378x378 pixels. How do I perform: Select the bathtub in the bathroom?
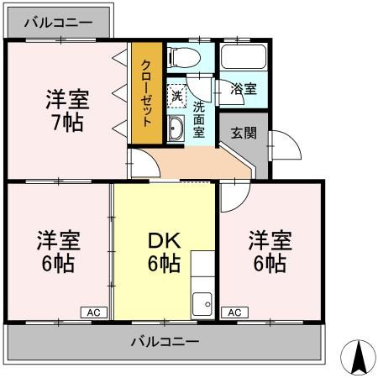pyautogui.click(x=244, y=60)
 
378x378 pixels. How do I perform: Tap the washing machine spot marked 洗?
pyautogui.click(x=177, y=94)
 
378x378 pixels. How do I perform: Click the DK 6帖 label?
pyautogui.click(x=164, y=251)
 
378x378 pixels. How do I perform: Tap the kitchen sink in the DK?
pyautogui.click(x=202, y=303)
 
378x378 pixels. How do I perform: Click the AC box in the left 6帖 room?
pyautogui.click(x=93, y=312)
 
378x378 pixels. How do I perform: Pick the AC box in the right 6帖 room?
pyautogui.click(x=234, y=312)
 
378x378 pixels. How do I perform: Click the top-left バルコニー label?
pyautogui.click(x=58, y=24)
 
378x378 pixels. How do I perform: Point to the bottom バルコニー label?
pyautogui.click(x=165, y=342)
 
